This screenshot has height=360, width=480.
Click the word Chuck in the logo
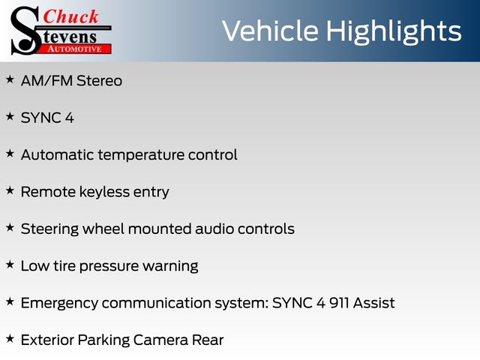(x=70, y=16)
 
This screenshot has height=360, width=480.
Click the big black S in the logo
(x=25, y=31)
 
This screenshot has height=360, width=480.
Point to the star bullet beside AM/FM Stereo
(x=10, y=79)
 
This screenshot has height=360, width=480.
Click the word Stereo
(x=99, y=81)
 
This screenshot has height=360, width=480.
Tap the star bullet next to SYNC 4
(x=10, y=116)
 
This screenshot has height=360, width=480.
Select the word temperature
(x=141, y=155)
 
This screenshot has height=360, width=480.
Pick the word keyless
(x=104, y=193)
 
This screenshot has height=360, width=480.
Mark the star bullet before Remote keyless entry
(x=10, y=190)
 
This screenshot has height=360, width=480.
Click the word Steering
(x=49, y=229)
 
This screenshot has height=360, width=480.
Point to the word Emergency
(x=59, y=304)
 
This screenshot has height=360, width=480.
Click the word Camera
(x=160, y=340)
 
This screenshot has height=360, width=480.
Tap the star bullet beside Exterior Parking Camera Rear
(x=10, y=338)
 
